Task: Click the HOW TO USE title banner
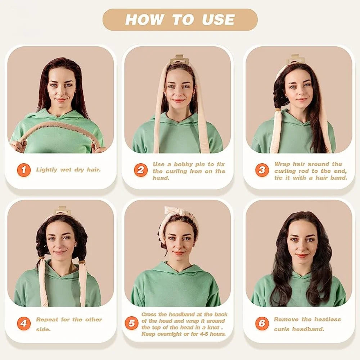click(x=180, y=19)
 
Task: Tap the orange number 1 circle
click(x=23, y=170)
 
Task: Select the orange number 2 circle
click(x=140, y=170)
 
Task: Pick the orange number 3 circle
click(x=262, y=170)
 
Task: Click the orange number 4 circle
click(x=23, y=324)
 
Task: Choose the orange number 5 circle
click(x=132, y=323)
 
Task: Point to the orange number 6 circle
click(x=262, y=323)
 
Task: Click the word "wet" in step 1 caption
click(x=66, y=170)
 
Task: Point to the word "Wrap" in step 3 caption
click(x=282, y=164)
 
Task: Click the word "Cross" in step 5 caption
click(x=149, y=314)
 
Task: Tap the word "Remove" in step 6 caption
click(x=286, y=319)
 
